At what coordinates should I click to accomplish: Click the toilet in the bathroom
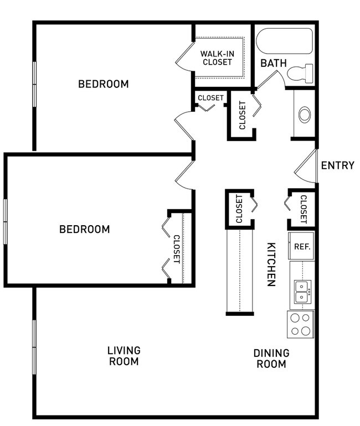pos(302,73)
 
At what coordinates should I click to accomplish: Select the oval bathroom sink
pos(305,115)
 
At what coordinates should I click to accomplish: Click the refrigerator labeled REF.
pos(302,247)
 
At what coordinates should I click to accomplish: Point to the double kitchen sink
pos(302,292)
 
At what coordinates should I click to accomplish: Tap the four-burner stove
pos(301,324)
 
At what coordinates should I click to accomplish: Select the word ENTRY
pos(337,165)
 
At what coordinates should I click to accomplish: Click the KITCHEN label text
pos(271,264)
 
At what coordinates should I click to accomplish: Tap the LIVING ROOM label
pos(124,356)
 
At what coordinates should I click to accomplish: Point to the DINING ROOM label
pos(271,359)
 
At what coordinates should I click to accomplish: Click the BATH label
pos(274,63)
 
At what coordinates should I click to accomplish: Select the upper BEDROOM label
pos(103,84)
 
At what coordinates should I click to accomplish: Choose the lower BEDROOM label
pos(84,229)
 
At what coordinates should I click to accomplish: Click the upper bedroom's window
pos(34,84)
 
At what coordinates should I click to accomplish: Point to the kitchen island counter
pos(239,271)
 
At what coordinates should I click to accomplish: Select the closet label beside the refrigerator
pos(304,209)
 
